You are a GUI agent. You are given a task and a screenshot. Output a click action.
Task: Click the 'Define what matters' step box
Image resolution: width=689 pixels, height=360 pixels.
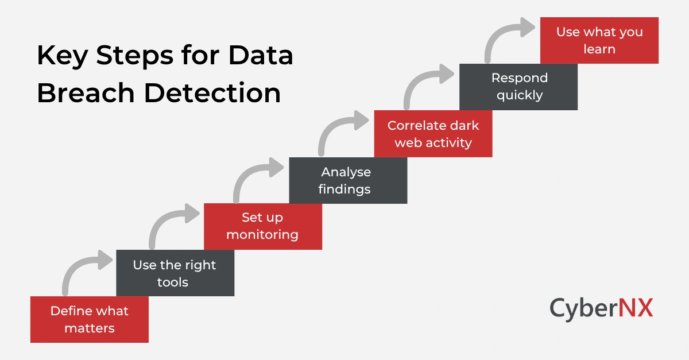coord(89,319)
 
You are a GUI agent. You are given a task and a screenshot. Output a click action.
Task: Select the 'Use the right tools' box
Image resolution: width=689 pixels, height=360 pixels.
coord(175,273)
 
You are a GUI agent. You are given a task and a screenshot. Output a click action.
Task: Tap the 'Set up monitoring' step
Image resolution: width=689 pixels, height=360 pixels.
coord(262,226)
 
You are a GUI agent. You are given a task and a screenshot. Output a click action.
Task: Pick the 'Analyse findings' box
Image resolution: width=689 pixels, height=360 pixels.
coord(347,180)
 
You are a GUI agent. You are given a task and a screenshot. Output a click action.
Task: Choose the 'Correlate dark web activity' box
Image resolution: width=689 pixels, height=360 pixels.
coord(433,134)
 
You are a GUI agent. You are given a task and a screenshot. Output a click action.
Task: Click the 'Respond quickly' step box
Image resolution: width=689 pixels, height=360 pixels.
coord(518,87)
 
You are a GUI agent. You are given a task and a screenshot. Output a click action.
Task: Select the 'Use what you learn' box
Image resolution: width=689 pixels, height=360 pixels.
coord(599,40)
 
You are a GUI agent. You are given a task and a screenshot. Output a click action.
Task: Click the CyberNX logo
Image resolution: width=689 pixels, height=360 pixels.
coord(601,308)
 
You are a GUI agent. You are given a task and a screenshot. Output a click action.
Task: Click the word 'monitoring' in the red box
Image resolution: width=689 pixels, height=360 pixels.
coord(262,234)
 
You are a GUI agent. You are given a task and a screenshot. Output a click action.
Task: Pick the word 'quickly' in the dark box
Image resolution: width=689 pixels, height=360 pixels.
coord(519,95)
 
